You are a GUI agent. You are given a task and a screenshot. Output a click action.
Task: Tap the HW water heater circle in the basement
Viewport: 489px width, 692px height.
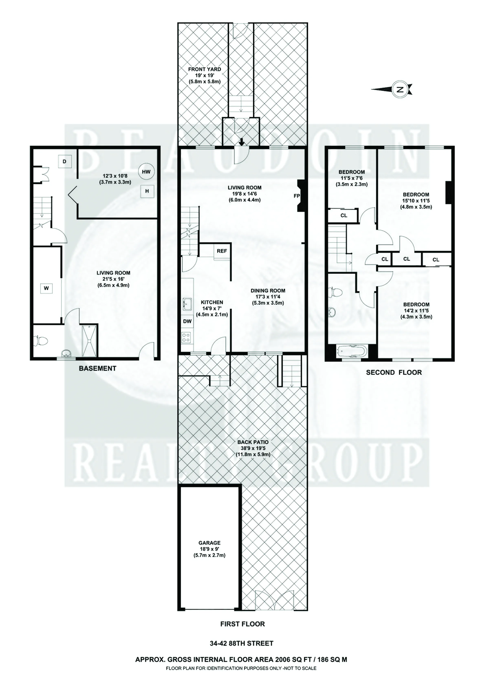[x=146, y=172]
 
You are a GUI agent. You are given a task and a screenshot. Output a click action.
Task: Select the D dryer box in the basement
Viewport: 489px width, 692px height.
[x=65, y=161]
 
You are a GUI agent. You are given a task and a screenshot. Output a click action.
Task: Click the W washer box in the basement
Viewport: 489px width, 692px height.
[x=46, y=288]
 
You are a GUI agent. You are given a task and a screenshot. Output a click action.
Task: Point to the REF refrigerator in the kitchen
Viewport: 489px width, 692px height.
[x=222, y=251]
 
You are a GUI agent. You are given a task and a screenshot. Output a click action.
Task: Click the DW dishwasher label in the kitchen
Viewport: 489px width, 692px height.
[x=187, y=321]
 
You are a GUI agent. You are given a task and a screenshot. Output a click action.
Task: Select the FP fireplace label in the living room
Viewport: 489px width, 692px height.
[x=297, y=196]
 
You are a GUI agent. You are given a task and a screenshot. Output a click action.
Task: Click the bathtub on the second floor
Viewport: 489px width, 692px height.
[x=352, y=351]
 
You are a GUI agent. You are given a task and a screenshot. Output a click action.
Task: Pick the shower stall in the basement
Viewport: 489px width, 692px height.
[x=89, y=340]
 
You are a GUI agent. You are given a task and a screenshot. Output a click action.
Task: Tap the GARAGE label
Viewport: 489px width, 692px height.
[x=209, y=543]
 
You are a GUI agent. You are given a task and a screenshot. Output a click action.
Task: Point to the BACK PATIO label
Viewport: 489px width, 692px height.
[x=253, y=442]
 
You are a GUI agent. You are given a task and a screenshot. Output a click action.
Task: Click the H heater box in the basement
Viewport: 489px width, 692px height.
[x=147, y=191]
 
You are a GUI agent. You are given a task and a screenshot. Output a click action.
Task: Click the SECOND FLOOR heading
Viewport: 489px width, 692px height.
[x=394, y=372]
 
